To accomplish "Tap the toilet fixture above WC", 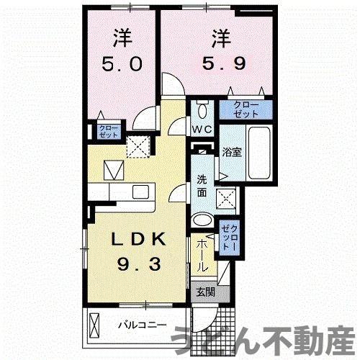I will pyautogui.click(x=202, y=109).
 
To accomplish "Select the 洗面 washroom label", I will pyautogui.click(x=202, y=186).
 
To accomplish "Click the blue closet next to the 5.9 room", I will pyautogui.click(x=246, y=109).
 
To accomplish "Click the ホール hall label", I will pyautogui.click(x=202, y=256).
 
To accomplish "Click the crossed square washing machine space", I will pyautogui.click(x=229, y=197).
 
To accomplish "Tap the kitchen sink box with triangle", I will pyautogui.click(x=113, y=171).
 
